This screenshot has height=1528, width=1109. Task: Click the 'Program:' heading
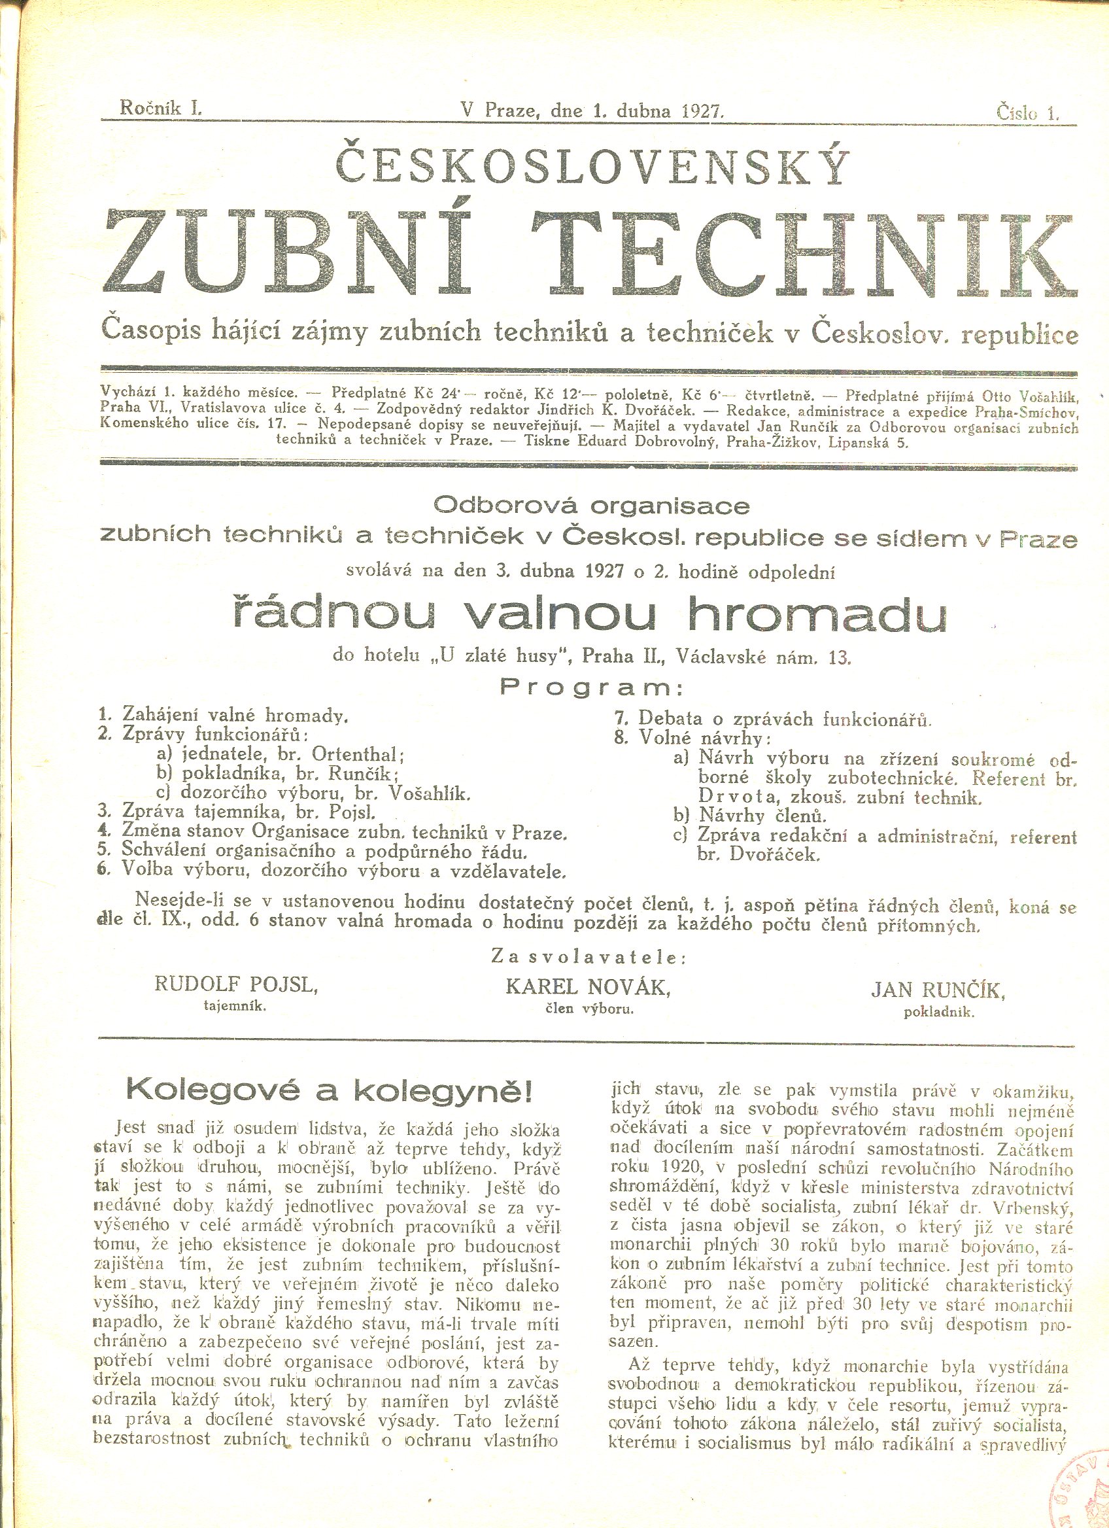tap(590, 689)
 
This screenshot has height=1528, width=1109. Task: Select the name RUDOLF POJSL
tap(235, 984)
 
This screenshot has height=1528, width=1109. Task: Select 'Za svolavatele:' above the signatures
tap(589, 957)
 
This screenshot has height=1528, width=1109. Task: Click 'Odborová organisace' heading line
tap(591, 505)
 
